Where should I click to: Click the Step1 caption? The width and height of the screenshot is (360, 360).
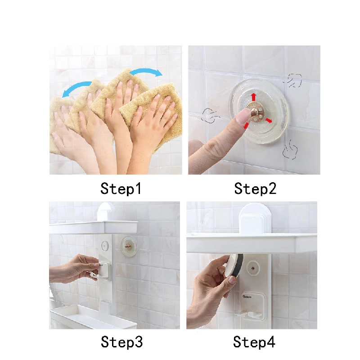pyautogui.click(x=121, y=189)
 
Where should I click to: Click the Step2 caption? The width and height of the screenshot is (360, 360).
pyautogui.click(x=255, y=189)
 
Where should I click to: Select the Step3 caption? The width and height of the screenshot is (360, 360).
pyautogui.click(x=121, y=342)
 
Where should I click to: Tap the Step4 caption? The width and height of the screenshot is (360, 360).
pyautogui.click(x=254, y=342)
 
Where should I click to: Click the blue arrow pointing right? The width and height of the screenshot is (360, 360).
pyautogui.click(x=146, y=72)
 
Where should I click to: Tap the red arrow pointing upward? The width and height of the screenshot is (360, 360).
pyautogui.click(x=253, y=97)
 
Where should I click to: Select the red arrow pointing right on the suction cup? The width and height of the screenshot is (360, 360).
pyautogui.click(x=269, y=121)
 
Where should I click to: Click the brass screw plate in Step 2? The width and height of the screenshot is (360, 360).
pyautogui.click(x=256, y=112)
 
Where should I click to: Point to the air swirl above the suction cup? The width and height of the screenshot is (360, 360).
pyautogui.click(x=293, y=81)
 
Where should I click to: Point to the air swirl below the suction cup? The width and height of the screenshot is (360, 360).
pyautogui.click(x=290, y=150)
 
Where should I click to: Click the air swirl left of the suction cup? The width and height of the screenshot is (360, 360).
pyautogui.click(x=210, y=116)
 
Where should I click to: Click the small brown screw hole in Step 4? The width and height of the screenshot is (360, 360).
pyautogui.click(x=253, y=268)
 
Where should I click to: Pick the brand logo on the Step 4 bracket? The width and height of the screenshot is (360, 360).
pyautogui.click(x=247, y=297)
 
